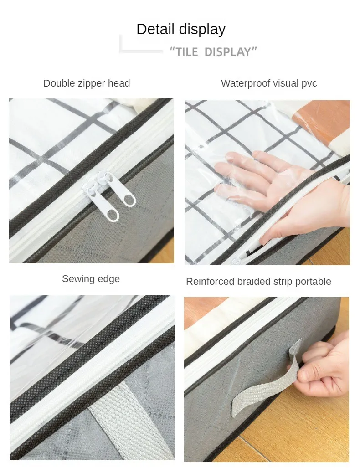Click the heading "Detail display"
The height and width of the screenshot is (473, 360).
point(181,30)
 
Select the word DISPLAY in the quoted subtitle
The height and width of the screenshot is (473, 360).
point(227,52)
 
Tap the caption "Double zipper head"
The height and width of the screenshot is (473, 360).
point(87,83)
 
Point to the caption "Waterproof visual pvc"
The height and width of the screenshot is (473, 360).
point(269,83)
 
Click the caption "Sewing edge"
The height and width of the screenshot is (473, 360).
point(91,279)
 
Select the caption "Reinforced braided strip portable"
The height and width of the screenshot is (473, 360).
point(258,282)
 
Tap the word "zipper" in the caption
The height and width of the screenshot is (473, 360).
point(93,83)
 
